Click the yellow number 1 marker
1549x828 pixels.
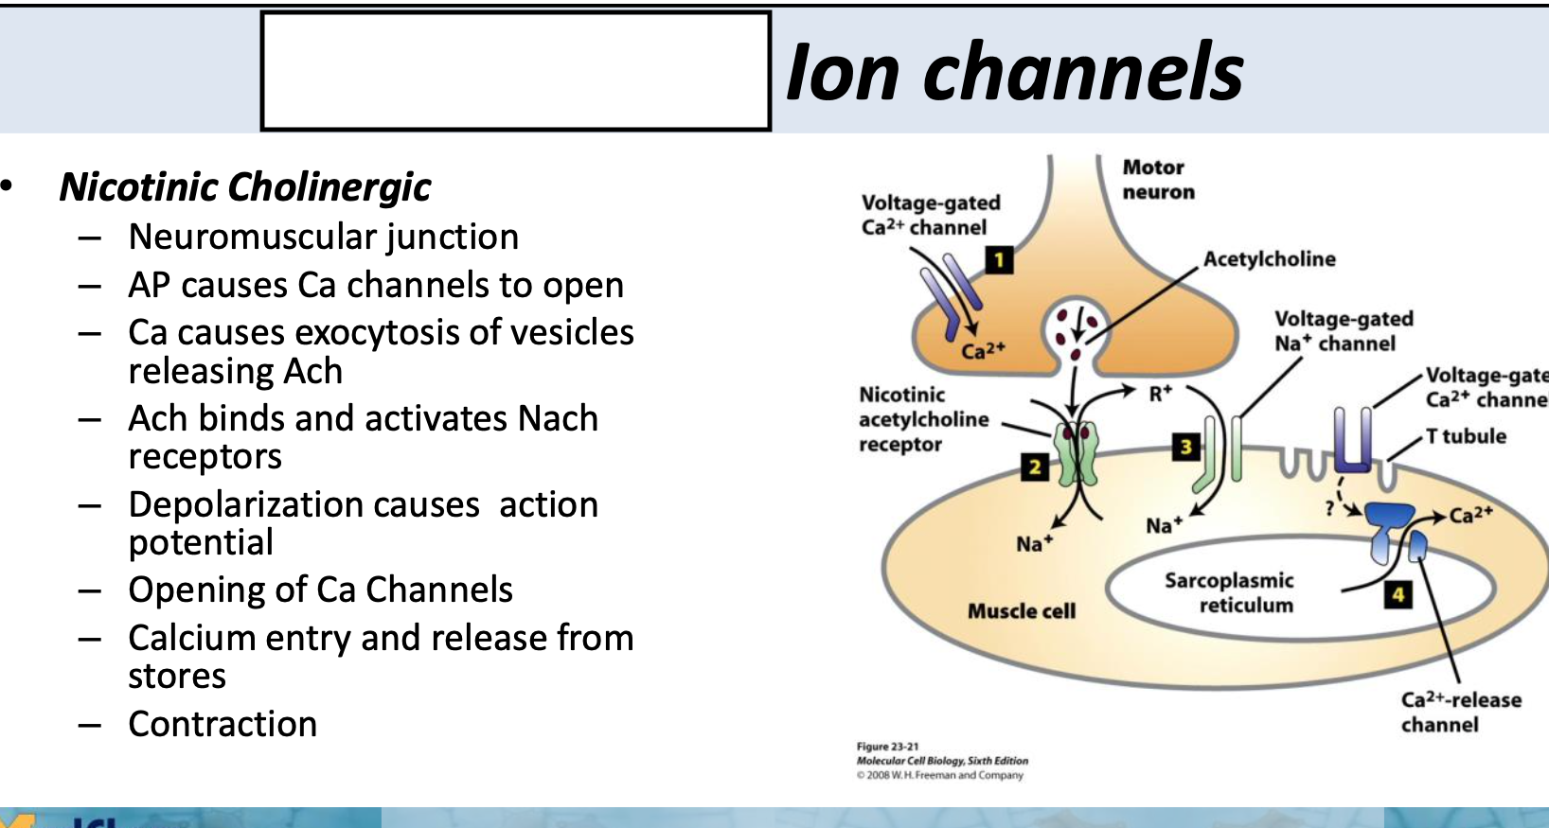999,259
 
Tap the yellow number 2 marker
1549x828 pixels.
1035,466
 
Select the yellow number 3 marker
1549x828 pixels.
1184,447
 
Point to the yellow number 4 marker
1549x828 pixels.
1398,594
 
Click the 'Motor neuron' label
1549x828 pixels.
1158,179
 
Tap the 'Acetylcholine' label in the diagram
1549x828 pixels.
1269,259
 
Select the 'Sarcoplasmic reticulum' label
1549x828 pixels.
1229,592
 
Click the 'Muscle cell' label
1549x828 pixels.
1021,611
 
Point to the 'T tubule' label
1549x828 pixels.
1466,436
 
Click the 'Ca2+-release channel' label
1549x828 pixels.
1460,712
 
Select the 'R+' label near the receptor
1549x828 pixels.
1160,394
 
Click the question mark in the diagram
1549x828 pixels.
1330,508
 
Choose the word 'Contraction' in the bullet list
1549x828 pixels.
223,724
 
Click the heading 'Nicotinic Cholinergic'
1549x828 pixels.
245,186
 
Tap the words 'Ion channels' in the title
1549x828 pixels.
1014,72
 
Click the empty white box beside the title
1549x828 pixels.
515,72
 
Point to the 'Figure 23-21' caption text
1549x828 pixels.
887,747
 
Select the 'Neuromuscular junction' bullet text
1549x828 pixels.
324,237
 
